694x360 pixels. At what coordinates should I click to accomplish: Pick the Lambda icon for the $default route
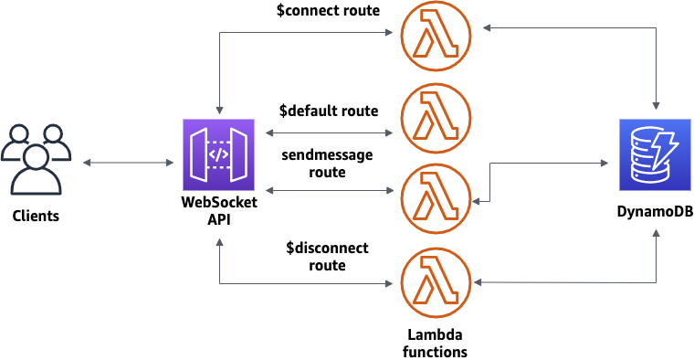point(436,118)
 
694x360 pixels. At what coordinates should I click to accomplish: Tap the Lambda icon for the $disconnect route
point(436,282)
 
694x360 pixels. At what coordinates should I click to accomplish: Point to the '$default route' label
point(329,111)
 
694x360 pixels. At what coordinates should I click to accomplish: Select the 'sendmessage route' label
point(328,164)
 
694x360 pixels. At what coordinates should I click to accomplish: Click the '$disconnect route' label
point(327,257)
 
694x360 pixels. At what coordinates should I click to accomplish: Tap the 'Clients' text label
point(37,217)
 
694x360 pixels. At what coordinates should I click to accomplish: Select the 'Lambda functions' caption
point(436,343)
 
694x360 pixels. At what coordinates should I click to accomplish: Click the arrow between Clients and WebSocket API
point(128,164)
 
